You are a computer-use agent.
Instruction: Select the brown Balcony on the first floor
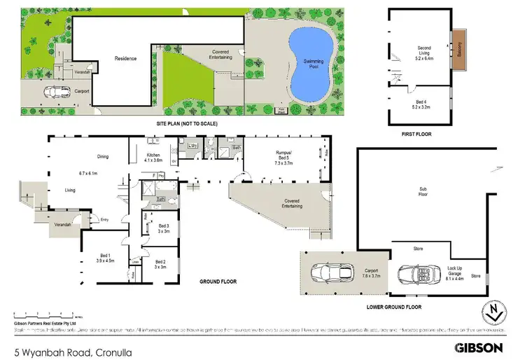click(458, 50)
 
